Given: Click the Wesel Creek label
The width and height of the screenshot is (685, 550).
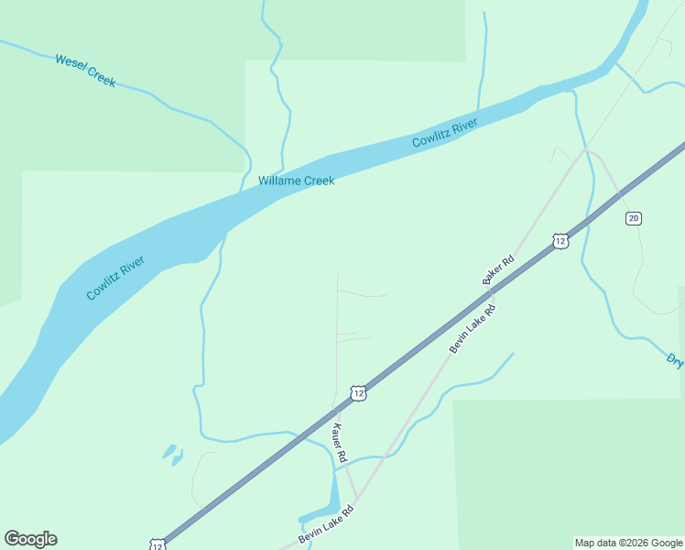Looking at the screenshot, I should click(x=85, y=71).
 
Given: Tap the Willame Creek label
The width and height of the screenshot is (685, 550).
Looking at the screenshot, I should click(x=296, y=181).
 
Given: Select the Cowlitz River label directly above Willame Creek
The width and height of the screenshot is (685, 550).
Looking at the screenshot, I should click(x=445, y=134).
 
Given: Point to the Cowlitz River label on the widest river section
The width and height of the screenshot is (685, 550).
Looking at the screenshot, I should click(x=116, y=278).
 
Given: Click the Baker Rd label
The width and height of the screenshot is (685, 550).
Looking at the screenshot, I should click(x=499, y=270).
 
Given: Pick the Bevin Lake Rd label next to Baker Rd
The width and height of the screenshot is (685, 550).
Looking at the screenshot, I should click(x=473, y=328).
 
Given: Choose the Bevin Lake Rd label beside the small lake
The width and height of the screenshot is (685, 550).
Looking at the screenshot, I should click(x=325, y=528).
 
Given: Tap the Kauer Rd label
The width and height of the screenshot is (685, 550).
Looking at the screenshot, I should click(x=339, y=443).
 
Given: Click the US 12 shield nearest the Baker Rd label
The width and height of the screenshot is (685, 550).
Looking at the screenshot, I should click(x=560, y=240).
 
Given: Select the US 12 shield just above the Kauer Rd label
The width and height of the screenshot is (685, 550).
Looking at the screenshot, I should click(x=358, y=392).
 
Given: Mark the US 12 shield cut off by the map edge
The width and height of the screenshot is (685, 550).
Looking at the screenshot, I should click(x=158, y=544).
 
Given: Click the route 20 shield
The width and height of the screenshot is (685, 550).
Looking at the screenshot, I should click(x=634, y=217).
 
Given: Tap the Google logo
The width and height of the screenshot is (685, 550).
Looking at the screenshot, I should click(x=30, y=539).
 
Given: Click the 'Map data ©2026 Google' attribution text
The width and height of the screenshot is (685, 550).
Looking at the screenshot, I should click(x=628, y=543).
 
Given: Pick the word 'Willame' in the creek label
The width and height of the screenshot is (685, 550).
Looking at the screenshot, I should click(x=278, y=181).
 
